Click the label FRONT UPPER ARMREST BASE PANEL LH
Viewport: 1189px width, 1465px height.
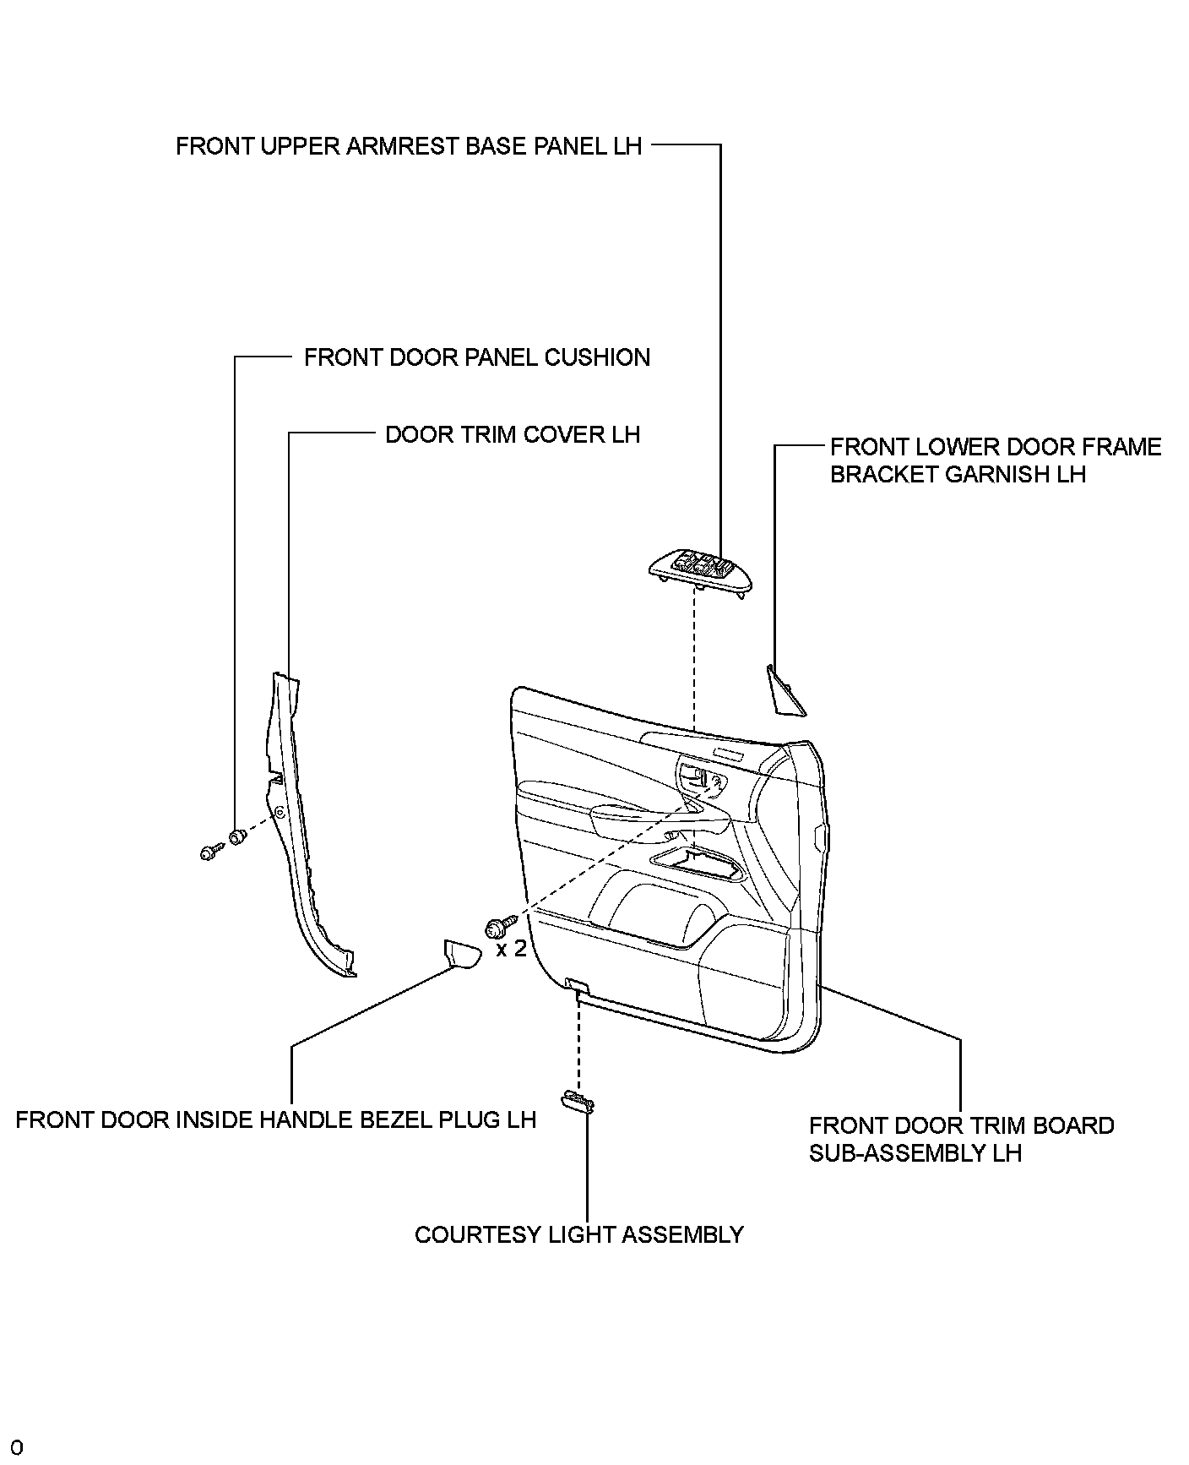[x=409, y=146]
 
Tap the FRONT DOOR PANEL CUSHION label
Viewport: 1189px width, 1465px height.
[x=477, y=357]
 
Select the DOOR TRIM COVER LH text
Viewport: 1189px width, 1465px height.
[x=513, y=434]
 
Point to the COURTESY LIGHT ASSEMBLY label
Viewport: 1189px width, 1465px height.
[x=578, y=1234]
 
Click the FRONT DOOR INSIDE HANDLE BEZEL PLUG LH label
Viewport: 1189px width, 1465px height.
[x=276, y=1119]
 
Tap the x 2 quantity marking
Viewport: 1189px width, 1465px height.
[x=512, y=949]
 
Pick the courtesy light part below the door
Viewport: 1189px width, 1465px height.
[x=578, y=1102]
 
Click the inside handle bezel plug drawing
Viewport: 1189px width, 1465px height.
[x=461, y=955]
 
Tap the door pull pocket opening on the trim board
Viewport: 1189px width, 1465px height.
[x=695, y=863]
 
